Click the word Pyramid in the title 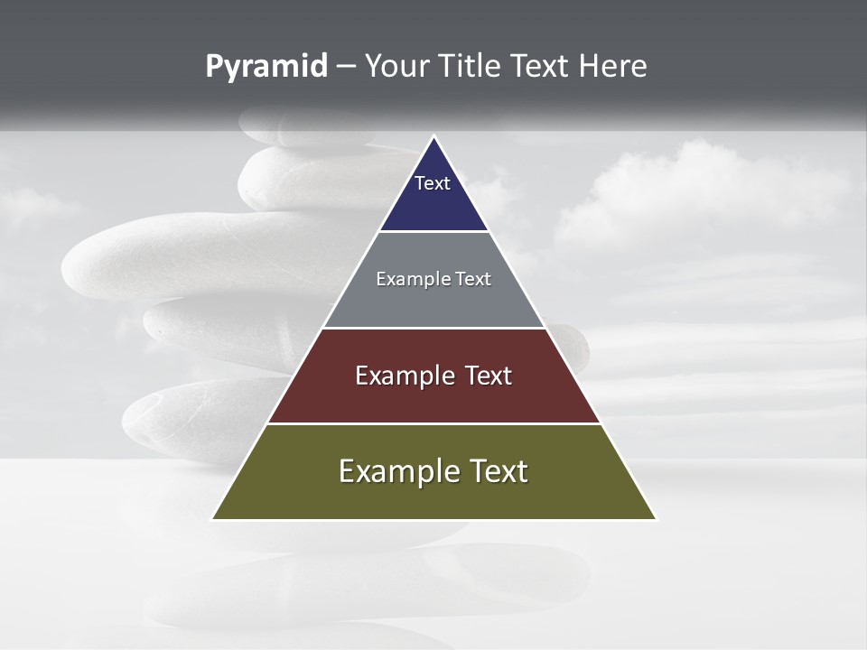click(266, 67)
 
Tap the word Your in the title click(398, 67)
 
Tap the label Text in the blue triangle click(433, 183)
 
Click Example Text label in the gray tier click(433, 279)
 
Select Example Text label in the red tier click(433, 376)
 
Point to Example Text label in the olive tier click(433, 471)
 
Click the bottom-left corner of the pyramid click(213, 518)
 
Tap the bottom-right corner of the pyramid click(655, 518)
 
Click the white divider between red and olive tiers click(433, 423)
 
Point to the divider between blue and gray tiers click(433, 231)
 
